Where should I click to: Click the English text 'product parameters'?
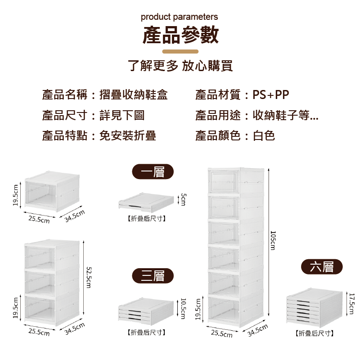[179, 17]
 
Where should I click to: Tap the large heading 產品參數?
[180, 36]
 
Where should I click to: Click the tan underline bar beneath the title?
[180, 52]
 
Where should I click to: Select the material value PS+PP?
[271, 95]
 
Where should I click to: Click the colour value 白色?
[264, 135]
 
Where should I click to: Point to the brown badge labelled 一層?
[153, 172]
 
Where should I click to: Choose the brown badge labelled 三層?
[153, 275]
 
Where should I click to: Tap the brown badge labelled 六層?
[322, 267]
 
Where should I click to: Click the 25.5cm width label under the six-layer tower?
[222, 333]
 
